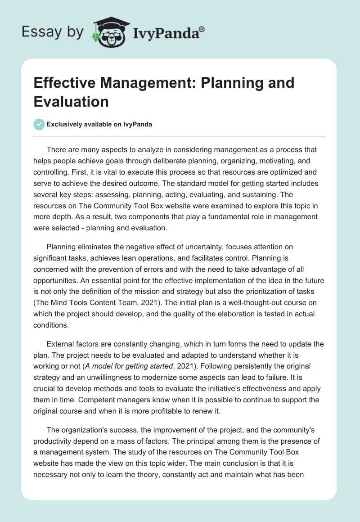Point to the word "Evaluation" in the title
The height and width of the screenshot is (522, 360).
click(71, 101)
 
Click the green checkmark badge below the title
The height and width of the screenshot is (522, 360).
click(40, 125)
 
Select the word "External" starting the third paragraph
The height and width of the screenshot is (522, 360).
click(61, 344)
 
